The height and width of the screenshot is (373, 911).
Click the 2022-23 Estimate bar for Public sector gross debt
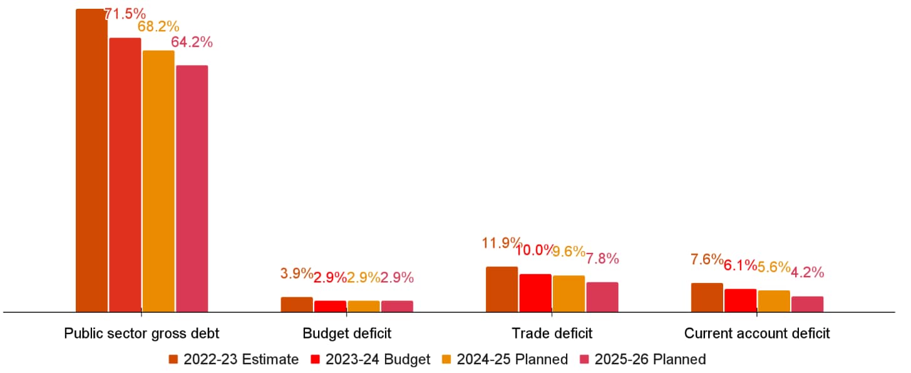point(91,160)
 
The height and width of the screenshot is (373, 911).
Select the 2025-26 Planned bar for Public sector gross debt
point(192,188)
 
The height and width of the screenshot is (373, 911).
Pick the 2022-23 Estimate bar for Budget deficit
point(297,304)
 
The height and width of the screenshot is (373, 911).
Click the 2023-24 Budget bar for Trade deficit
point(535,292)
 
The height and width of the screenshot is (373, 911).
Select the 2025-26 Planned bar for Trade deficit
point(602,297)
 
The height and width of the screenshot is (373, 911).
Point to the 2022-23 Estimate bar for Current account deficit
point(707,297)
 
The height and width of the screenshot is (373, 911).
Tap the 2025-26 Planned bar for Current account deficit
point(807,304)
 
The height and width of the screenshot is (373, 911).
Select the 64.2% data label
point(192,43)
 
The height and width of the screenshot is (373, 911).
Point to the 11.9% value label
point(502,243)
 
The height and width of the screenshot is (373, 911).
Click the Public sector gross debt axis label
point(142,333)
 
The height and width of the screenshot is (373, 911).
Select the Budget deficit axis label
point(347,333)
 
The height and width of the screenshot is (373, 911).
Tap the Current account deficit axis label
point(757,333)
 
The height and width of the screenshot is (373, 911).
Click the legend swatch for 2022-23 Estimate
point(173,359)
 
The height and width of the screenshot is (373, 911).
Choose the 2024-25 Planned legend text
point(512,359)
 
